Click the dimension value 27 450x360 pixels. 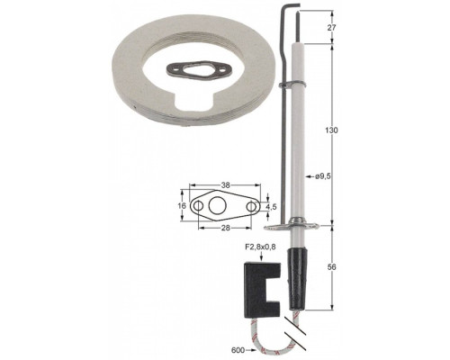[331, 28]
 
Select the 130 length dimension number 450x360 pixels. [332, 130]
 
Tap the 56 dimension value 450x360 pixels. [332, 266]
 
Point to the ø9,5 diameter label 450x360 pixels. [323, 176]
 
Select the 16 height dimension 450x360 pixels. [182, 206]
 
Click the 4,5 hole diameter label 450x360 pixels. [271, 206]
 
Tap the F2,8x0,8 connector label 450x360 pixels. [261, 247]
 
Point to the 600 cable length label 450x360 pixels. [238, 350]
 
